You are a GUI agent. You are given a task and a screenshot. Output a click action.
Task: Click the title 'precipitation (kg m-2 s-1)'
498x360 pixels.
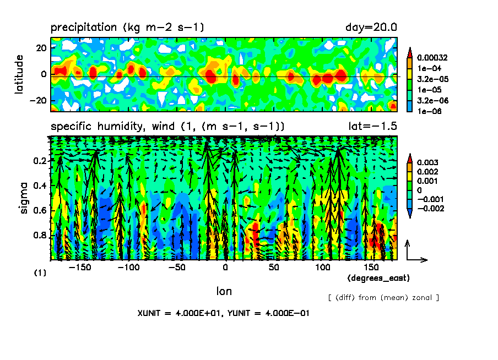[x=127, y=27]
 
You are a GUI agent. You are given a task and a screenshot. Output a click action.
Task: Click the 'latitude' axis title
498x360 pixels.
[x=20, y=74]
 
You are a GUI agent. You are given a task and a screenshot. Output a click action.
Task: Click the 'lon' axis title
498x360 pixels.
[x=224, y=291]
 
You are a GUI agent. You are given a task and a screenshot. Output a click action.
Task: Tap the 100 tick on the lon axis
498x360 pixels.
[x=321, y=267]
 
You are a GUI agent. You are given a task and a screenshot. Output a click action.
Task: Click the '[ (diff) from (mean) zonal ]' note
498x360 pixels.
[x=383, y=298]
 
